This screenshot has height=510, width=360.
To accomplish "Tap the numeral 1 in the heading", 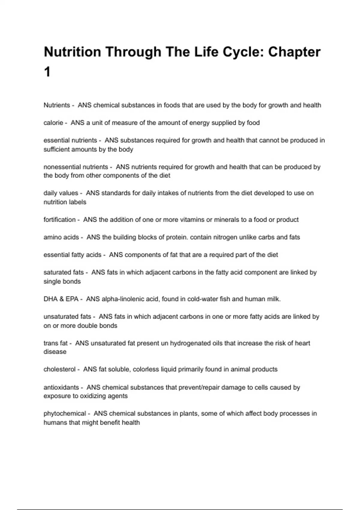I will pyautogui.click(x=47, y=72).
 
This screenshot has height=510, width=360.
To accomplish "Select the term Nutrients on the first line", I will pyautogui.click(x=57, y=105).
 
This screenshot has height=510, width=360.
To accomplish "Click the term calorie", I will pyautogui.click(x=53, y=123).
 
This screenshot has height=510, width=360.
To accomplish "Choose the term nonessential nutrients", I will pyautogui.click(x=76, y=167).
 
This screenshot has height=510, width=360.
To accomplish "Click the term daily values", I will pyautogui.click(x=61, y=193).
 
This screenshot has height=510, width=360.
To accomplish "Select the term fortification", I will pyautogui.click(x=59, y=220).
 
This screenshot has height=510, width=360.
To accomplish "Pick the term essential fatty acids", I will pyautogui.click(x=72, y=255).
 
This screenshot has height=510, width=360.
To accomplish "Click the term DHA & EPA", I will pyautogui.click(x=61, y=299).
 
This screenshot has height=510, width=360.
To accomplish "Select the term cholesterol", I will pyautogui.click(x=59, y=369).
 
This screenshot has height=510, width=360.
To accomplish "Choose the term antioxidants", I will pyautogui.click(x=61, y=387).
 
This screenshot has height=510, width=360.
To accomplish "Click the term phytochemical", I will pyautogui.click(x=65, y=413).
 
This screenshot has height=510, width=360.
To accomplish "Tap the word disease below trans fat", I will pyautogui.click(x=55, y=352).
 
